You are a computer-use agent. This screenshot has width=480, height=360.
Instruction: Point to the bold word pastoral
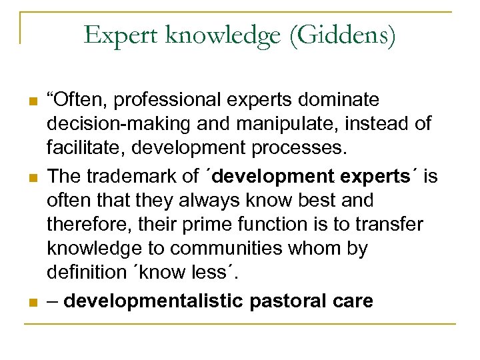click(286, 301)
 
